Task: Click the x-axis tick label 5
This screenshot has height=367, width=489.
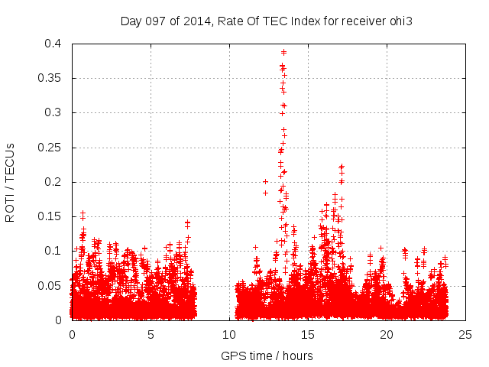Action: pyautogui.click(x=151, y=334)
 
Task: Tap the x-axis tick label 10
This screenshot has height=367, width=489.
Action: pyautogui.click(x=229, y=334)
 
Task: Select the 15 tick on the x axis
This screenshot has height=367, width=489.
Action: pyautogui.click(x=308, y=334)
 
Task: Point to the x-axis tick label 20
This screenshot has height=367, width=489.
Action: pyautogui.click(x=387, y=334)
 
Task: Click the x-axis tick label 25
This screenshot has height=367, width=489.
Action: pyautogui.click(x=465, y=334)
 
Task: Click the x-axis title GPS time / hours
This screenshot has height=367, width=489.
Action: pyautogui.click(x=267, y=356)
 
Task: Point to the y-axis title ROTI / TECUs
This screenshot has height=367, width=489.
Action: pyautogui.click(x=10, y=182)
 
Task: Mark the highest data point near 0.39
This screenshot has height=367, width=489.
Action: pyautogui.click(x=283, y=52)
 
